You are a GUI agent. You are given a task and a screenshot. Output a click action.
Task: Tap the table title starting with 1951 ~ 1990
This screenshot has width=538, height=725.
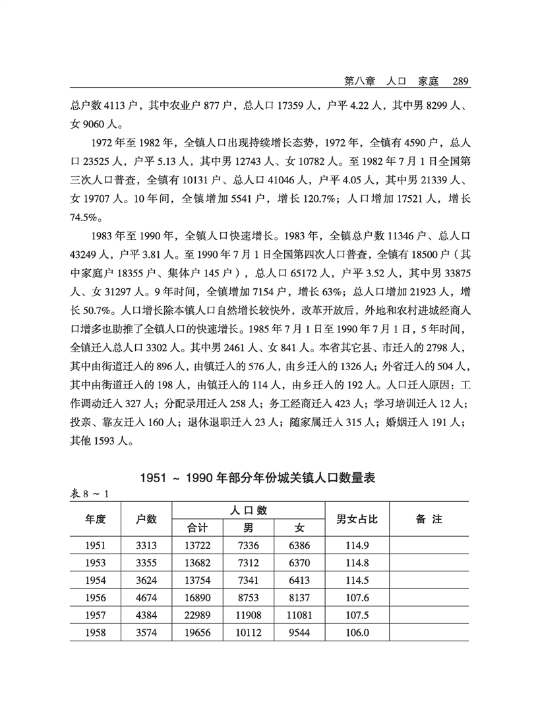258,478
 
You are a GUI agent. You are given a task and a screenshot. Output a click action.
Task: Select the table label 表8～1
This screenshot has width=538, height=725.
88,493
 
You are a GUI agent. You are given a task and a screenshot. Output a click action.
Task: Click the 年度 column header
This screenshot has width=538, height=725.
96,519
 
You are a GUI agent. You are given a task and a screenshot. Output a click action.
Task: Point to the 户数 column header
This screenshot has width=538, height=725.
146,519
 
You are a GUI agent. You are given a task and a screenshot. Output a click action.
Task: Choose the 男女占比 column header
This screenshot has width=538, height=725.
357,519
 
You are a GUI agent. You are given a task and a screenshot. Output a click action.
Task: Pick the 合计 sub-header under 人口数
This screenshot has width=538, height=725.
198,528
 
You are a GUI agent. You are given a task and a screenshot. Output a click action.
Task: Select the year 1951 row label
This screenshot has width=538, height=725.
96,545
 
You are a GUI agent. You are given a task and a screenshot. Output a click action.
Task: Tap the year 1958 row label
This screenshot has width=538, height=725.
96,633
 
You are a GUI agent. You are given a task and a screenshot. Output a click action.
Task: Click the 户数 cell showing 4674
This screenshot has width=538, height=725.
146,598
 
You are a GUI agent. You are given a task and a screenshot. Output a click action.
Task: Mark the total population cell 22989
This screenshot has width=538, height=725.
198,615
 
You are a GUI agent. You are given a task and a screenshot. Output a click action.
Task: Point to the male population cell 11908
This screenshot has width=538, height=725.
247,615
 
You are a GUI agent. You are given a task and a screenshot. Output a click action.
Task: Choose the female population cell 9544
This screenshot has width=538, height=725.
299,633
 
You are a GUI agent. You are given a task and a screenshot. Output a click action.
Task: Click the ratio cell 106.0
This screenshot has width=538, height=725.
357,633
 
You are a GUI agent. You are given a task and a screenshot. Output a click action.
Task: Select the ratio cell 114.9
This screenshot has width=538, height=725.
357,545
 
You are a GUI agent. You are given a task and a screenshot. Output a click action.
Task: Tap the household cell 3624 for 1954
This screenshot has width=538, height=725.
146,580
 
